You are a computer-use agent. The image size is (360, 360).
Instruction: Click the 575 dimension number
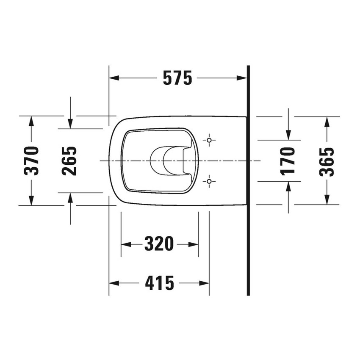point(177,78)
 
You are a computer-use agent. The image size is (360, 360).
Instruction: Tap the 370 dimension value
point(32,161)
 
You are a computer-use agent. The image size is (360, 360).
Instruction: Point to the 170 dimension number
point(288,161)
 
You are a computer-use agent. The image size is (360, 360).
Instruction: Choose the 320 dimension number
point(159,244)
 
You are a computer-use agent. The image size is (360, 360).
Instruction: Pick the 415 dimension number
point(159,283)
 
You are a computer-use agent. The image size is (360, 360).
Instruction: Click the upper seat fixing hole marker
point(209,140)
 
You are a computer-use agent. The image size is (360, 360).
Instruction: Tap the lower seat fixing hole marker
point(209,181)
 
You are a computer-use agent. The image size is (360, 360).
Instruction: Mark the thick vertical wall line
point(248,180)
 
